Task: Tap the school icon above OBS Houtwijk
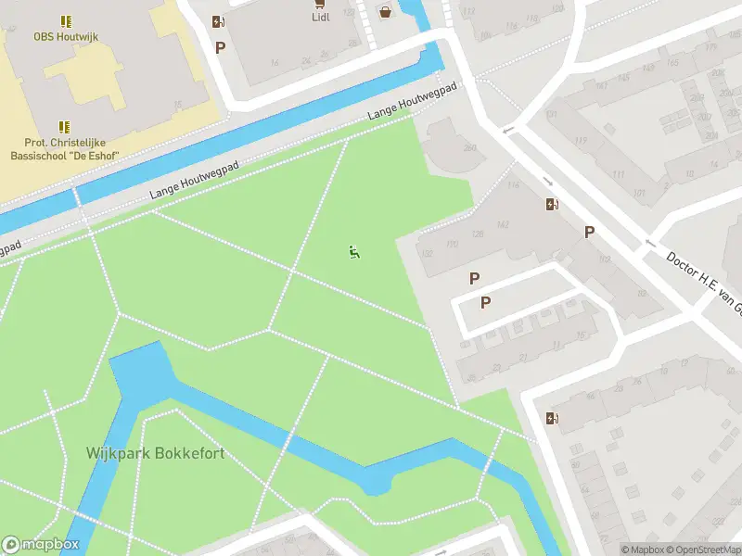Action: pyautogui.click(x=65, y=20)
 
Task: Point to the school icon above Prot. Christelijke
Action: pyautogui.click(x=64, y=126)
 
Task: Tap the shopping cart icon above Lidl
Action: pyautogui.click(x=322, y=3)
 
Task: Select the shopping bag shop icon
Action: pyautogui.click(x=385, y=12)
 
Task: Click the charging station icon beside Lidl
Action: pyautogui.click(x=217, y=21)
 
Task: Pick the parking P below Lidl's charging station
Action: pyautogui.click(x=220, y=47)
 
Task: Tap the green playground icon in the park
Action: pyautogui.click(x=353, y=251)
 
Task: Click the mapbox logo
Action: pyautogui.click(x=41, y=545)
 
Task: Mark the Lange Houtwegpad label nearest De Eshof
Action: pyautogui.click(x=194, y=180)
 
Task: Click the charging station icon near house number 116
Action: pyautogui.click(x=553, y=205)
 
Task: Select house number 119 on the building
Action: pyautogui.click(x=582, y=141)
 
